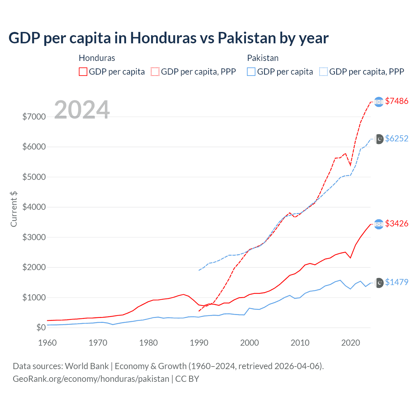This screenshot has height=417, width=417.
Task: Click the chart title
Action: click(x=168, y=38)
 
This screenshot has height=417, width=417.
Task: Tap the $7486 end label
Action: click(x=396, y=101)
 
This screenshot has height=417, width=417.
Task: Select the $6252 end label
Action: click(x=396, y=138)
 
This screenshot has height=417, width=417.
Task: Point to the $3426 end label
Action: click(x=396, y=223)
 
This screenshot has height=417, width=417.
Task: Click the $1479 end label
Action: click(x=396, y=282)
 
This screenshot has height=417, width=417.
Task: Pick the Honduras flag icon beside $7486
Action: click(x=379, y=102)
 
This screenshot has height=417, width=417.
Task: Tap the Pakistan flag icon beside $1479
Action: click(x=379, y=283)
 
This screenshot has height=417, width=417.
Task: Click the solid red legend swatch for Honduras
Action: click(x=83, y=72)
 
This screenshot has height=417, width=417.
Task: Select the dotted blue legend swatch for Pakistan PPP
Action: click(x=324, y=72)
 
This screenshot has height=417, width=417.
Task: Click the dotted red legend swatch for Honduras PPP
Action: click(x=155, y=72)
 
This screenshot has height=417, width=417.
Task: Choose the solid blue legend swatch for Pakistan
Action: click(x=251, y=72)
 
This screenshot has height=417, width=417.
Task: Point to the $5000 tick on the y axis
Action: click(x=34, y=177)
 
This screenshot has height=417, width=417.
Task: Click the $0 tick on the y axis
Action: click(x=41, y=327)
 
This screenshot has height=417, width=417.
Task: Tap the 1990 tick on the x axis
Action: click(x=199, y=343)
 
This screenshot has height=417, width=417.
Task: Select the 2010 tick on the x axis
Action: click(x=300, y=343)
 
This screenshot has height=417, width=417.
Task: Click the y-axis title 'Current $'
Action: click(x=14, y=209)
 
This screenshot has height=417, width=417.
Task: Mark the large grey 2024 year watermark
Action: click(x=82, y=110)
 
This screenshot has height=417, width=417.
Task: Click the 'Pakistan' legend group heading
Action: click(x=263, y=58)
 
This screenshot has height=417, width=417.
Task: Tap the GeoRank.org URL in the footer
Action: click(x=91, y=379)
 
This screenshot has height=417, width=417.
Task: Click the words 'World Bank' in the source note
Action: click(x=87, y=366)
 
